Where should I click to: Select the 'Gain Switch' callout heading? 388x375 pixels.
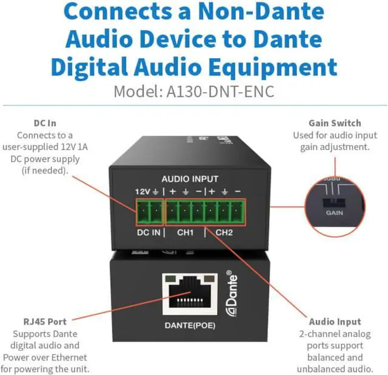click(x=335, y=123)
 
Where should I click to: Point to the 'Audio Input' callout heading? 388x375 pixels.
click(x=335, y=322)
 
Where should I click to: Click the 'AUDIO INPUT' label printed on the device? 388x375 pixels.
click(x=190, y=179)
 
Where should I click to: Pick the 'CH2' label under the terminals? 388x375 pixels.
click(x=224, y=232)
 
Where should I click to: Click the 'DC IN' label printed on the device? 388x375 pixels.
click(x=148, y=232)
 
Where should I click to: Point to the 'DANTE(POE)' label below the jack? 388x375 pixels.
click(x=190, y=325)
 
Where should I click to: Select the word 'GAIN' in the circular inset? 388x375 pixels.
click(x=334, y=213)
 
